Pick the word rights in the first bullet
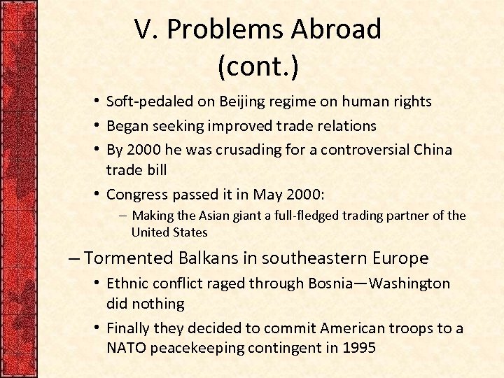click(411, 101)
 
